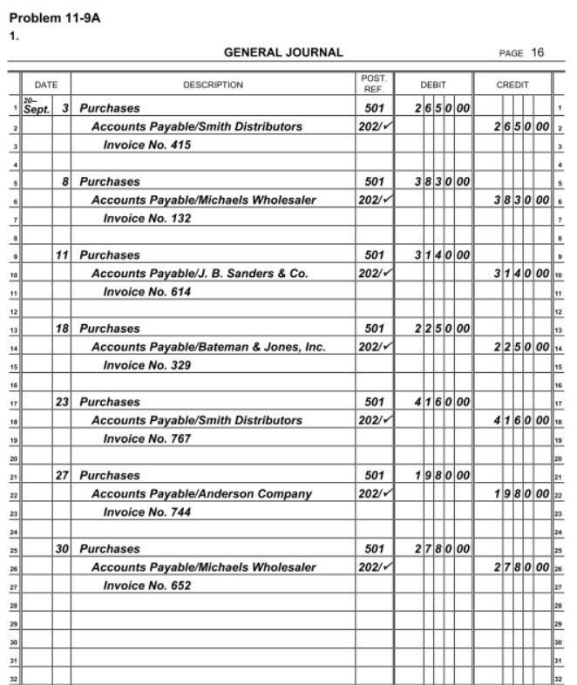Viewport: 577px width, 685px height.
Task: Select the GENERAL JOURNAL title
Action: pyautogui.click(x=283, y=52)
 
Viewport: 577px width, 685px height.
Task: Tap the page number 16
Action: pyautogui.click(x=537, y=52)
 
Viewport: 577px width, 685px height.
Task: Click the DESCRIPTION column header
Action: pyautogui.click(x=213, y=85)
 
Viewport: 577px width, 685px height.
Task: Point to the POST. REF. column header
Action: pyautogui.click(x=373, y=85)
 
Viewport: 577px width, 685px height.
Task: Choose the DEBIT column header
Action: pyautogui.click(x=433, y=85)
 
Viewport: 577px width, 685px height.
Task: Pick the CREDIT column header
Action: pyautogui.click(x=512, y=85)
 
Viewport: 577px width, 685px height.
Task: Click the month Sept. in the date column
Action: pyautogui.click(x=37, y=111)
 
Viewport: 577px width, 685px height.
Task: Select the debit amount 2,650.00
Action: pyautogui.click(x=443, y=108)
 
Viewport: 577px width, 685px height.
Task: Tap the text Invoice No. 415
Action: pyautogui.click(x=146, y=145)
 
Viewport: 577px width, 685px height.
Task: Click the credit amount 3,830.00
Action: pyautogui.click(x=521, y=200)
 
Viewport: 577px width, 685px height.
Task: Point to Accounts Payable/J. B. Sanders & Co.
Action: pyautogui.click(x=200, y=274)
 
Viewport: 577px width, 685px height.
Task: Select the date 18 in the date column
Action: pyautogui.click(x=62, y=329)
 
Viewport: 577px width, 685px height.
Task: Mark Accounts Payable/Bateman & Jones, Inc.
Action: pyautogui.click(x=208, y=347)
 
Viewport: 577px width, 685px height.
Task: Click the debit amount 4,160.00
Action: pyautogui.click(x=443, y=402)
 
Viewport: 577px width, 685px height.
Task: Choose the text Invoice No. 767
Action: pyautogui.click(x=146, y=438)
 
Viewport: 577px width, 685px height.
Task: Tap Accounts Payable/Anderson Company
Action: pyautogui.click(x=201, y=494)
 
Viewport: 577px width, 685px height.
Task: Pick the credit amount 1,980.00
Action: pyautogui.click(x=521, y=494)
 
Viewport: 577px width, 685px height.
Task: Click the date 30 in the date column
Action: pyautogui.click(x=62, y=549)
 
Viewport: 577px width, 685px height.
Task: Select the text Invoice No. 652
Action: pyautogui.click(x=146, y=586)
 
